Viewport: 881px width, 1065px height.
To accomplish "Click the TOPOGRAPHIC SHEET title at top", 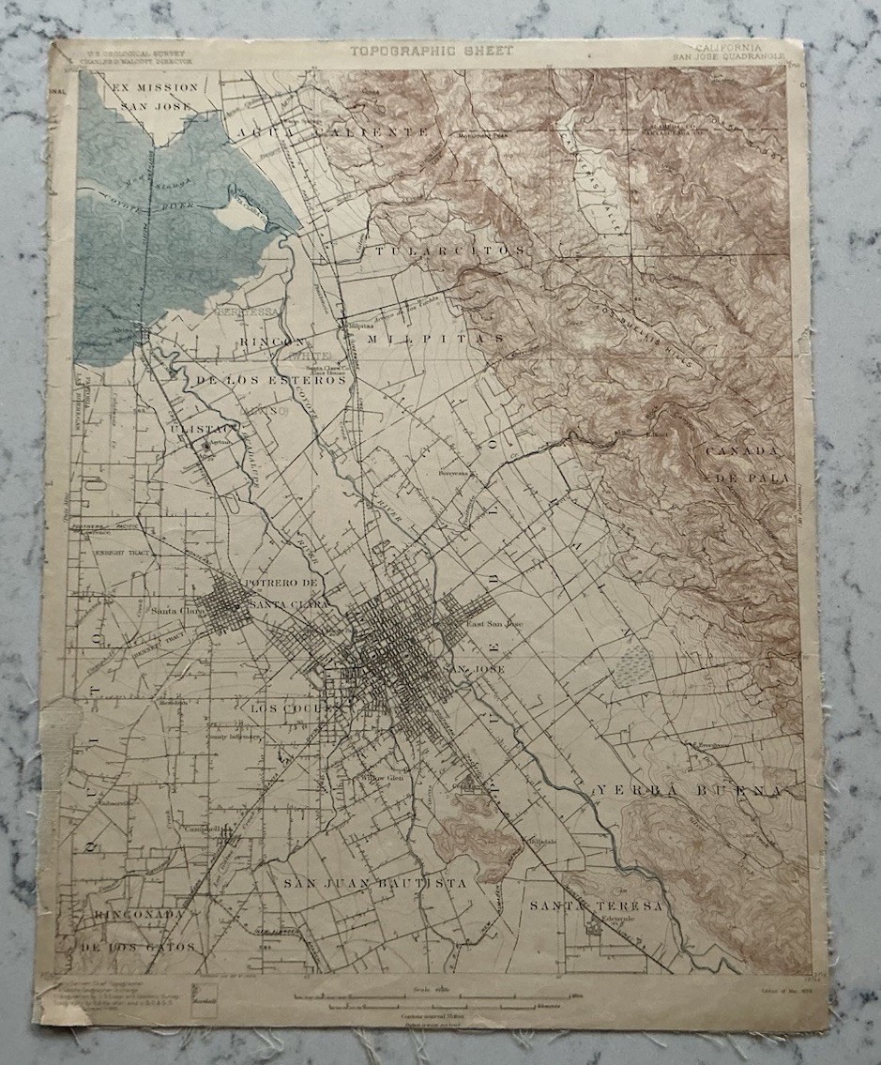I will (433, 51).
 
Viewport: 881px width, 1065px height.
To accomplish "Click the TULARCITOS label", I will (448, 251).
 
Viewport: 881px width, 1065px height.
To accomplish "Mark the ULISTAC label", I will (195, 427).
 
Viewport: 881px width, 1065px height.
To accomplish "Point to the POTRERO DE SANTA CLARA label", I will (286, 594).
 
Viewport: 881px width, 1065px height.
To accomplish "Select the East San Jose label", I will (494, 623).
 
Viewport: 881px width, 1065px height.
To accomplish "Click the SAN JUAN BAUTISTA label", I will (374, 883).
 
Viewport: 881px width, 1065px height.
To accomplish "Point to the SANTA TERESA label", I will (596, 905).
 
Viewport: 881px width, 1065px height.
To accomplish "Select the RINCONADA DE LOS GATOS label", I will (139, 929).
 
